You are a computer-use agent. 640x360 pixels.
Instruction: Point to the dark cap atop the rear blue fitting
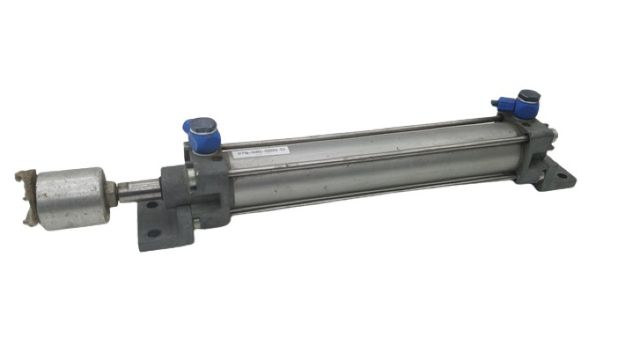[x=527, y=97]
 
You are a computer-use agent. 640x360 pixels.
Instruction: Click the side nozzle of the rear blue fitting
[x=504, y=103]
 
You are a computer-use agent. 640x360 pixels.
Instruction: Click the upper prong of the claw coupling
[x=24, y=175]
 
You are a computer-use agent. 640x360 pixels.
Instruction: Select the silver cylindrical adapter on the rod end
[x=70, y=196]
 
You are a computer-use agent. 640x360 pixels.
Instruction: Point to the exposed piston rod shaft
[x=137, y=187]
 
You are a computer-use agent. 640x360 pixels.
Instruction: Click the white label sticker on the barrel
[x=262, y=152]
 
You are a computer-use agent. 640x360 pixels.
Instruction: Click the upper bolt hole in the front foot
[x=152, y=205]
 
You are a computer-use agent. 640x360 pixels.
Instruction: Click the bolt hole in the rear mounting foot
[x=562, y=179]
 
